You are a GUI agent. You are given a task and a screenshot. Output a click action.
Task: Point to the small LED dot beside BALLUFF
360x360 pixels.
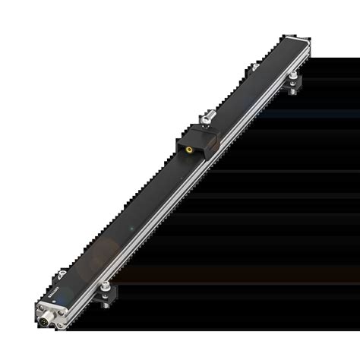coord(54,302)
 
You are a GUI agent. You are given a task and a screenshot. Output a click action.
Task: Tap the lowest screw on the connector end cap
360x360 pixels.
coord(60,325)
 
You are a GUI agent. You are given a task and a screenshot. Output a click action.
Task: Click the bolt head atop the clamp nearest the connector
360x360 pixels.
coord(106,285)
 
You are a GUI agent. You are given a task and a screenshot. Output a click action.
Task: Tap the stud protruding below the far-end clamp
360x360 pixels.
coord(292,92)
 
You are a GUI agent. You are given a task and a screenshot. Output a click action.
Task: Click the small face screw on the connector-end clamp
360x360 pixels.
coord(105,295)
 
